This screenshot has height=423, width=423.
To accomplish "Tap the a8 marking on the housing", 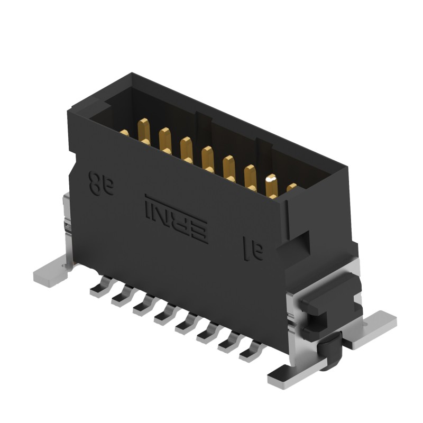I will click(101, 182).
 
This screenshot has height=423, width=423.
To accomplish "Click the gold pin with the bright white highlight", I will click(271, 186).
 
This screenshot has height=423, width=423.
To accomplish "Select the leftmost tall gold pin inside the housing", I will click(143, 131).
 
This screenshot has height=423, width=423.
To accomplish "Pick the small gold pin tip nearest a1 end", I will click(292, 187).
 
